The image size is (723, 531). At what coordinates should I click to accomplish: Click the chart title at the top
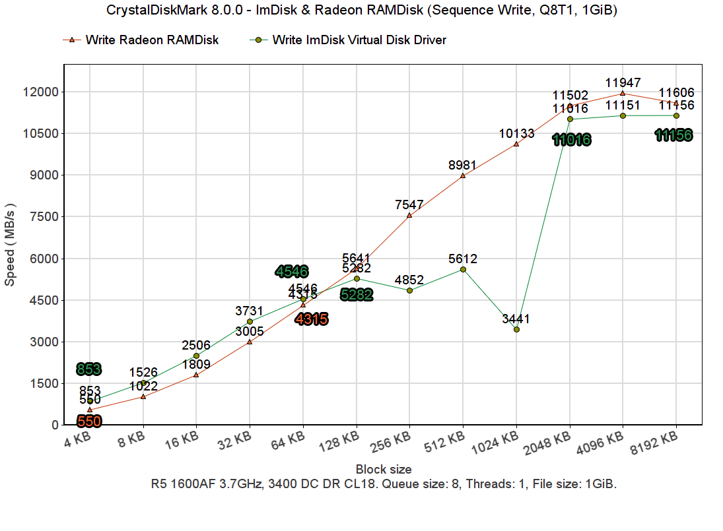click(361, 11)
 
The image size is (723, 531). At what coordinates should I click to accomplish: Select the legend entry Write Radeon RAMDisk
click(152, 40)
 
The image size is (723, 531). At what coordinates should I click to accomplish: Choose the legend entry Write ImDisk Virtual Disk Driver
click(359, 40)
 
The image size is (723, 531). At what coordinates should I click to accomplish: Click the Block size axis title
click(384, 470)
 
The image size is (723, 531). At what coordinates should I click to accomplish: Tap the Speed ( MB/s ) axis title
click(11, 243)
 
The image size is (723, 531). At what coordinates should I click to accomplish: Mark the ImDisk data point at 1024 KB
click(516, 329)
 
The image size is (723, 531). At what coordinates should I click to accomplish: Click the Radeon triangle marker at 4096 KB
click(623, 93)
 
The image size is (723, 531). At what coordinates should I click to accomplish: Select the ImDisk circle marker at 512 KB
click(463, 269)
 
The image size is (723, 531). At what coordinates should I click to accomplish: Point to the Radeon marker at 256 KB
click(409, 215)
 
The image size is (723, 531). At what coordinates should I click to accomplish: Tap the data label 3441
click(516, 319)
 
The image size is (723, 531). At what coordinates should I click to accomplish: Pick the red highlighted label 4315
click(311, 319)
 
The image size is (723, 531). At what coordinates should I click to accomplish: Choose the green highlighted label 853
click(89, 369)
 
